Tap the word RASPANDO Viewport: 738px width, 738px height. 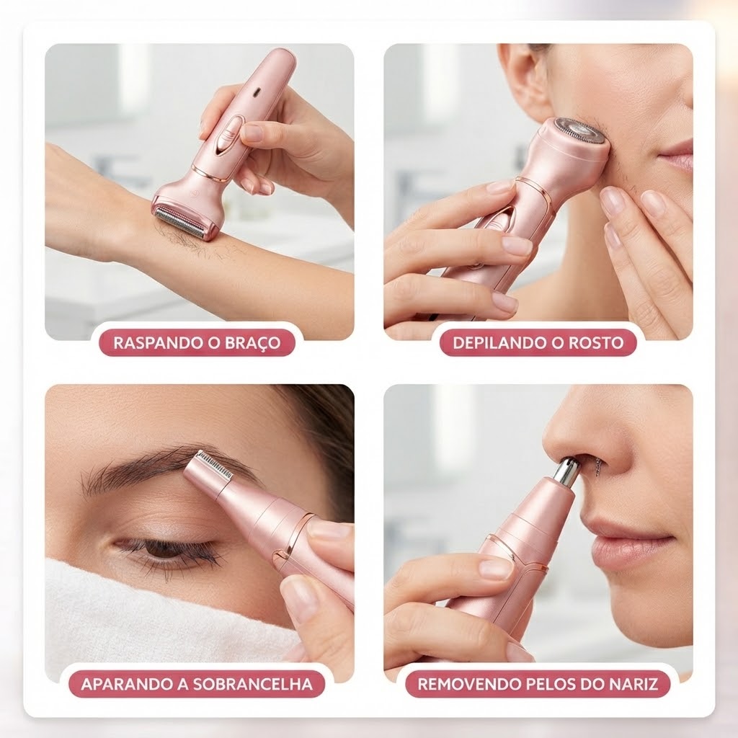pos(154,342)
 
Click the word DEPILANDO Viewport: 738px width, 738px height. pos(495,342)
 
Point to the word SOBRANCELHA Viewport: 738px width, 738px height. pos(253,684)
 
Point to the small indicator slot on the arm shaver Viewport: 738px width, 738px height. pos(257,93)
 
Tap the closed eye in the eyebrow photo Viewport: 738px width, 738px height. pos(165,550)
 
